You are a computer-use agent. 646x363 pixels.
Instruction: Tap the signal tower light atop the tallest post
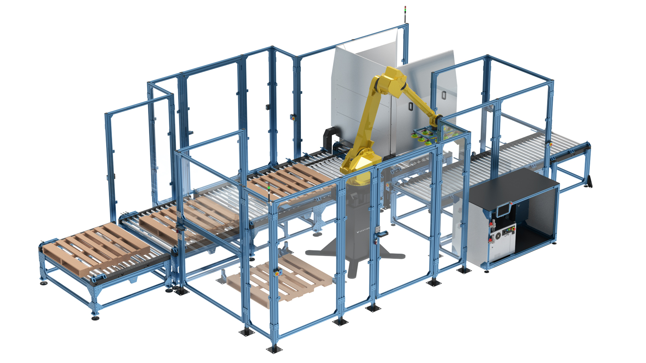point(405,11)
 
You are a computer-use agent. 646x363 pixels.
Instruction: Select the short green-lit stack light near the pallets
point(269,190)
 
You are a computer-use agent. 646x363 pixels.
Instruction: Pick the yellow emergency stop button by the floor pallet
point(278,273)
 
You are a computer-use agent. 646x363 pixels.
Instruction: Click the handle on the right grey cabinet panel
point(411,105)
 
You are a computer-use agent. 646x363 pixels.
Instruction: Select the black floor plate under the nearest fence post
point(275,349)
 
